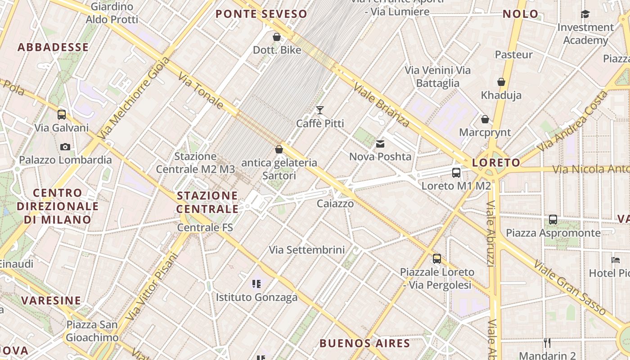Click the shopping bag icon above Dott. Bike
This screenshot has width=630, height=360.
(x=277, y=37)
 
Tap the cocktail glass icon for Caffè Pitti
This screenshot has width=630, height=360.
(x=320, y=110)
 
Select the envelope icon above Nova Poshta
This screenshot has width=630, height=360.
(x=380, y=144)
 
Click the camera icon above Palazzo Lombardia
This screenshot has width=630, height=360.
(x=65, y=147)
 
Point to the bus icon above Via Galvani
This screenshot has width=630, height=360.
(x=62, y=114)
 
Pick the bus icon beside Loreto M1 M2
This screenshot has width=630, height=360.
(x=456, y=172)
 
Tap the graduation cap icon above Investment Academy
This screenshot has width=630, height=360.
(x=585, y=14)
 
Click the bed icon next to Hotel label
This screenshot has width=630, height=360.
(x=615, y=260)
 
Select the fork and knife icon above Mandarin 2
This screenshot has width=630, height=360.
(x=547, y=343)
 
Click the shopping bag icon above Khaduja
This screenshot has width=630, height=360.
(x=501, y=82)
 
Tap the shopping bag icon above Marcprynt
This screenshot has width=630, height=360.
(x=485, y=119)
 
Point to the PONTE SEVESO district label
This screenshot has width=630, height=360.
(x=261, y=14)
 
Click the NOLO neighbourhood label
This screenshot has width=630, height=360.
(x=521, y=14)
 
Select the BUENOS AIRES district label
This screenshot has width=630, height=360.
(x=364, y=343)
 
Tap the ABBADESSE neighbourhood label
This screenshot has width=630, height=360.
(x=53, y=47)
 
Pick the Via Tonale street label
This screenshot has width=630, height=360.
(x=201, y=91)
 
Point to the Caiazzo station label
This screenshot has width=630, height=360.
(x=335, y=203)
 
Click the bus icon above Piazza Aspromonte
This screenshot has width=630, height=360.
(x=553, y=220)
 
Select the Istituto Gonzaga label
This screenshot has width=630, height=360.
(x=256, y=297)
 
